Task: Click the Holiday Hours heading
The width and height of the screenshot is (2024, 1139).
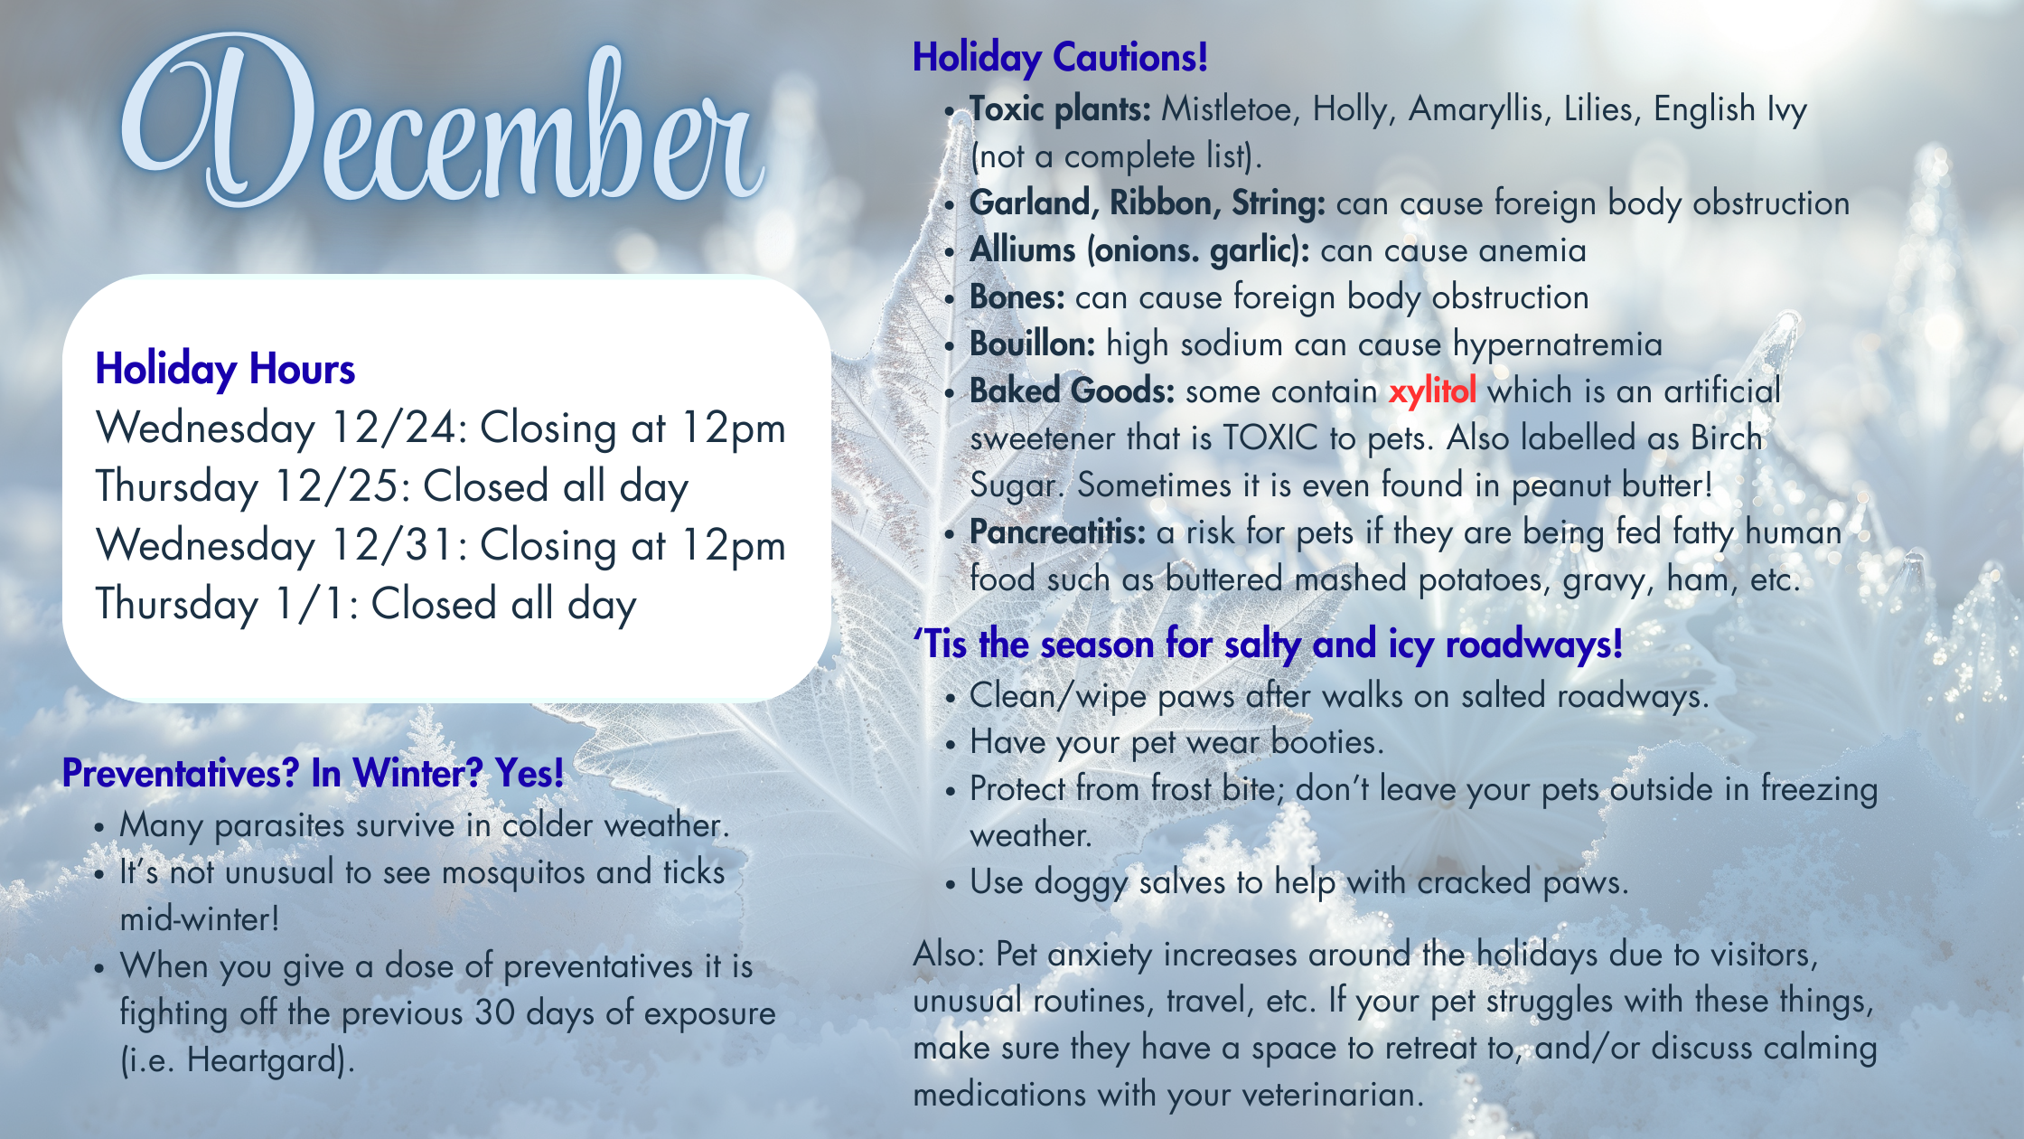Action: [225, 370]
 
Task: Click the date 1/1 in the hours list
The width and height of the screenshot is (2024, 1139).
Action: [315, 604]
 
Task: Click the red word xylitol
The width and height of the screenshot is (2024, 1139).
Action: [1432, 391]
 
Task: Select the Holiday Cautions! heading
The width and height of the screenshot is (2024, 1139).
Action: [1060, 58]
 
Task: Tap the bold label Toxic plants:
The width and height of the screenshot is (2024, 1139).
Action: [1060, 110]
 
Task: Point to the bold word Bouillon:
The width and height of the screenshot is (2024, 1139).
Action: [1033, 344]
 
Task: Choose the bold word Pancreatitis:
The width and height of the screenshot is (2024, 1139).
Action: [1057, 532]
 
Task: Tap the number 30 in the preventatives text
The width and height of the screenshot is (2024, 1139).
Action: [494, 1013]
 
